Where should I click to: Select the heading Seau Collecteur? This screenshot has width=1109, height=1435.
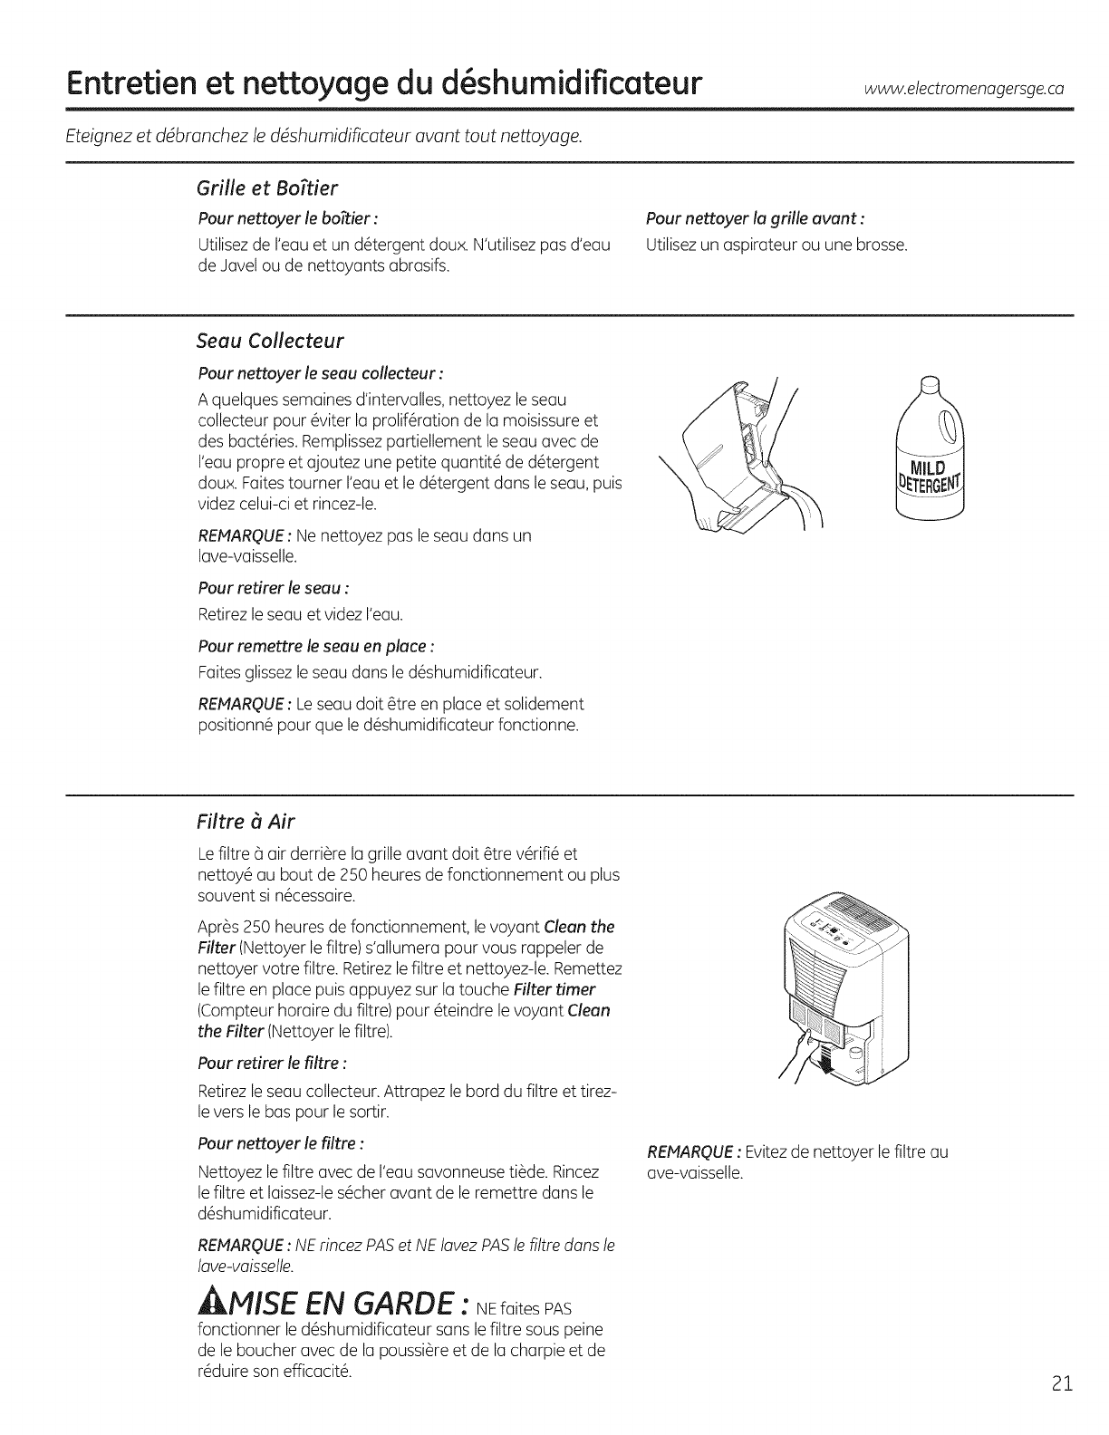pyautogui.click(x=270, y=341)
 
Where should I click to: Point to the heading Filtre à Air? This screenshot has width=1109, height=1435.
pyautogui.click(x=246, y=821)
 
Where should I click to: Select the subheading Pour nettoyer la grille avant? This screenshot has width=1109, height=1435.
pyautogui.click(x=754, y=219)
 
